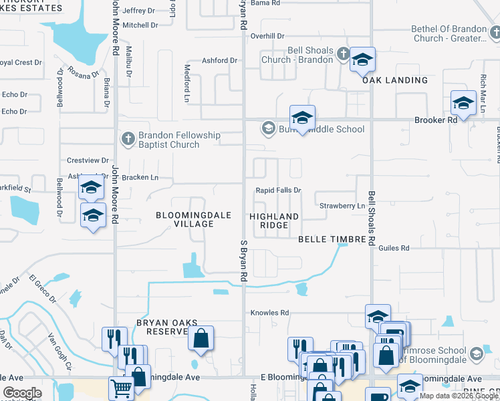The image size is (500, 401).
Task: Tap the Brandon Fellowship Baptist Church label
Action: pyautogui.click(x=169, y=140)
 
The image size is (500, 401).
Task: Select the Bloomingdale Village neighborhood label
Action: pyautogui.click(x=184, y=219)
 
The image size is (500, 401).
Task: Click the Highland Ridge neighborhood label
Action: pyautogui.click(x=274, y=221)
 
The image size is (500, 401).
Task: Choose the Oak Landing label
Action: pyautogui.click(x=395, y=80)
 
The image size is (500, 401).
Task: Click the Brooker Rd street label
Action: pyautogui.click(x=435, y=120)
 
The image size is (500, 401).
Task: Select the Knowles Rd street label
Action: pyautogui.click(x=269, y=313)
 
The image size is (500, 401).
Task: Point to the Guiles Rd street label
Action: pyautogui.click(x=393, y=248)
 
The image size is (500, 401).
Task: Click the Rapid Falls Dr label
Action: pyautogui.click(x=279, y=190)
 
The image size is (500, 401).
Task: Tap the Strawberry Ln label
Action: pyautogui.click(x=342, y=206)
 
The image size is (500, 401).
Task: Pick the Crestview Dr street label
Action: pyautogui.click(x=88, y=160)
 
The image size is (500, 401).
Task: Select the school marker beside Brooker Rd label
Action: pyautogui.click(x=463, y=103)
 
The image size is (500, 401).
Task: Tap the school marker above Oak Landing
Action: pyautogui.click(x=362, y=60)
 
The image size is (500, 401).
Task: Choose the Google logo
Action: pyautogui.click(x=22, y=393)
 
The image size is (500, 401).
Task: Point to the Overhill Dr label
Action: pyautogui.click(x=267, y=36)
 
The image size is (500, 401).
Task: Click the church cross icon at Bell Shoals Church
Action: pyautogui.click(x=343, y=53)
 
